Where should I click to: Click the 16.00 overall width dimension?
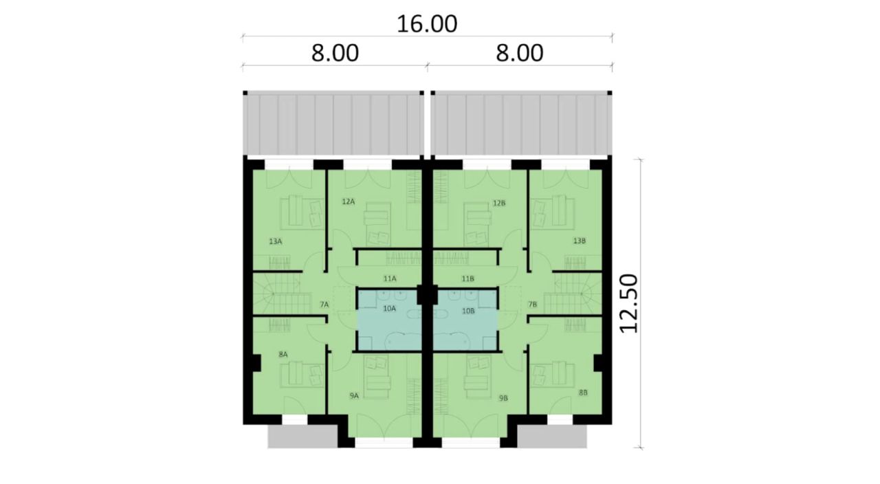427,24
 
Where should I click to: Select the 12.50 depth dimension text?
628,304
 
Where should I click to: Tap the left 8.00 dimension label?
335,54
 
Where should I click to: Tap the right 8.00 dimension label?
520,54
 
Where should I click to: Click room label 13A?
276,241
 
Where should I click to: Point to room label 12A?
348,201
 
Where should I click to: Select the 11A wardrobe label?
390,278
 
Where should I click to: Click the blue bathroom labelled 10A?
389,320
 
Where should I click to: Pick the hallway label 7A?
324,305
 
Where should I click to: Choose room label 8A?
283,354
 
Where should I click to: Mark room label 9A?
354,395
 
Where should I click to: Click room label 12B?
499,203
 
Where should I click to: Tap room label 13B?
579,241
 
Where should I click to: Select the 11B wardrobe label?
467,279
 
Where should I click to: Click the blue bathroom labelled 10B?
465,320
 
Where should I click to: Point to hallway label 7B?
532,305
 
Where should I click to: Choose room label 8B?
583,393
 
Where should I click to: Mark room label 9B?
503,398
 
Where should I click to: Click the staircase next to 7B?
573,294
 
